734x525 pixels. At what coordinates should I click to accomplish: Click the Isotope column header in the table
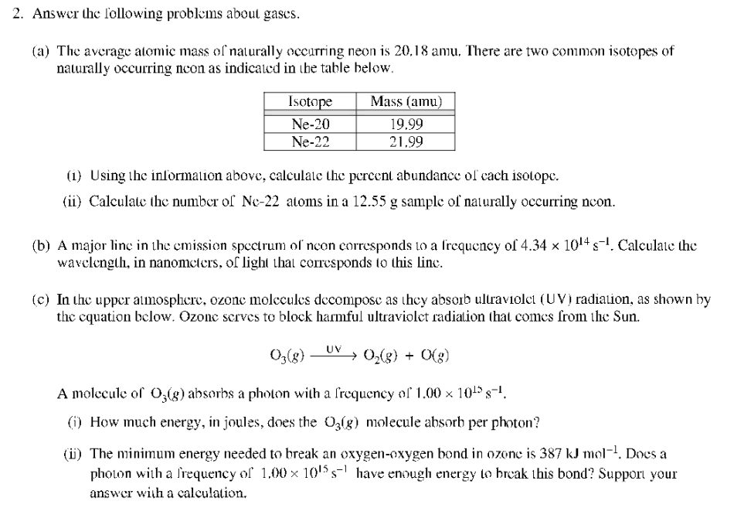pos(310,102)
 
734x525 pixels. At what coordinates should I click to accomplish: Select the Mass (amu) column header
pos(406,102)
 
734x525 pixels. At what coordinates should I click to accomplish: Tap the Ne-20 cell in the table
pos(310,124)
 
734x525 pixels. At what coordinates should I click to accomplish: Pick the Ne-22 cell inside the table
pos(310,141)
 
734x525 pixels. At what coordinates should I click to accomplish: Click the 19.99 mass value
pos(406,124)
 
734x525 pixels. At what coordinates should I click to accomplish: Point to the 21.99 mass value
pos(406,141)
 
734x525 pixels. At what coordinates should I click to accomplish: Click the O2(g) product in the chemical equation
pos(373,356)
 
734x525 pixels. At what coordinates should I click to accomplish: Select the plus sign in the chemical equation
pos(407,356)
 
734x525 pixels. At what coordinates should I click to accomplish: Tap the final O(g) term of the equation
pos(436,356)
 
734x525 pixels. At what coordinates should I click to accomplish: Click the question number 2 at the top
pos(18,14)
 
